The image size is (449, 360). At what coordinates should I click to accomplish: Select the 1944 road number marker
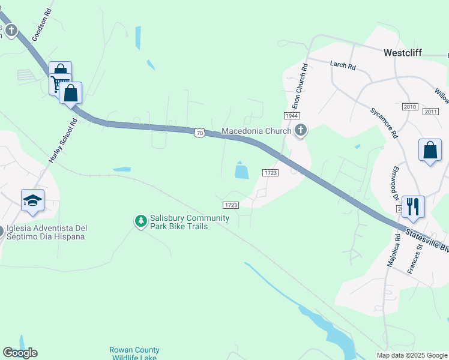click(x=292, y=115)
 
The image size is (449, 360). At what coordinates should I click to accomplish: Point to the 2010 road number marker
click(x=411, y=107)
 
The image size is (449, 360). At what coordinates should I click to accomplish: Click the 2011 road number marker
click(x=430, y=112)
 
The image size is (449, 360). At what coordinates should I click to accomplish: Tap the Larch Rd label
click(x=343, y=64)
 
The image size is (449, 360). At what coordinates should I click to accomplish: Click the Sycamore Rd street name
click(x=384, y=123)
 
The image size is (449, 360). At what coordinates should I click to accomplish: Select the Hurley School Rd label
click(x=63, y=141)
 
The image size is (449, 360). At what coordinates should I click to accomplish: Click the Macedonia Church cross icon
click(x=301, y=130)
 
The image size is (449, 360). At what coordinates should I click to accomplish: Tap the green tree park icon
click(x=141, y=222)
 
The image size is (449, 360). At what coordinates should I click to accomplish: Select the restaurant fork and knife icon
click(x=413, y=206)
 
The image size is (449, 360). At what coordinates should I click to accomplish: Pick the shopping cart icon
click(x=61, y=85)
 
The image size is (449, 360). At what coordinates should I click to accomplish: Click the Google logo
click(x=20, y=353)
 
